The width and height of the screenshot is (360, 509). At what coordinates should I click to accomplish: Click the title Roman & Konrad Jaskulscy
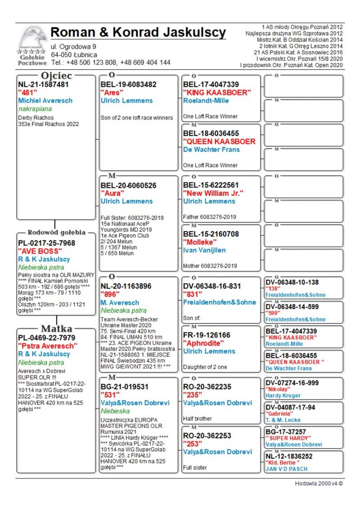pyautogui.click(x=138, y=32)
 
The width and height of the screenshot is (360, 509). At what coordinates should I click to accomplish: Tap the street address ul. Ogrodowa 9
pyautogui.click(x=73, y=46)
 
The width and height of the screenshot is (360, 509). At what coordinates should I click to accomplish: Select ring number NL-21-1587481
pyautogui.click(x=43, y=84)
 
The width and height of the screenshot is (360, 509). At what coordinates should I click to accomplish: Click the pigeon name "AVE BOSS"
pyautogui.click(x=36, y=251)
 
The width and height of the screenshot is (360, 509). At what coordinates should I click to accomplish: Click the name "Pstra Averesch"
pyautogui.click(x=48, y=346)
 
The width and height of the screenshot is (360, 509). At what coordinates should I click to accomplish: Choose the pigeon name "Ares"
pyautogui.click(x=113, y=93)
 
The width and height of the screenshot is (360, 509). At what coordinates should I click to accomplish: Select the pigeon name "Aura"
pyautogui.click(x=112, y=193)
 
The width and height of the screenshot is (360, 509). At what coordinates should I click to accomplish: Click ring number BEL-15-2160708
pyautogui.click(x=211, y=234)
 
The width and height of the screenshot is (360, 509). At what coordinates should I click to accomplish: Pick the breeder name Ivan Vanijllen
pyautogui.click(x=204, y=250)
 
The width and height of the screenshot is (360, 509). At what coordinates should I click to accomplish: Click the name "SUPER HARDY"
pyautogui.click(x=288, y=438)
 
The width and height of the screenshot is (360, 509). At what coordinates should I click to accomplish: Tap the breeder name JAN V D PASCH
pyautogui.click(x=286, y=469)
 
